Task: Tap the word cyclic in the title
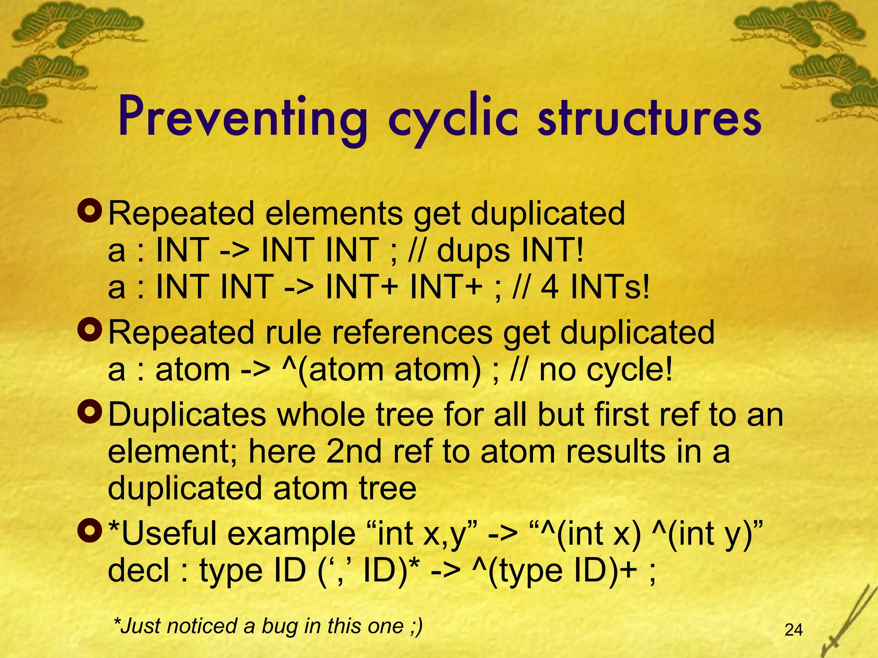[453, 119]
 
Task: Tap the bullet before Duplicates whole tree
[89, 412]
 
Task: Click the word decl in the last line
[138, 571]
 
